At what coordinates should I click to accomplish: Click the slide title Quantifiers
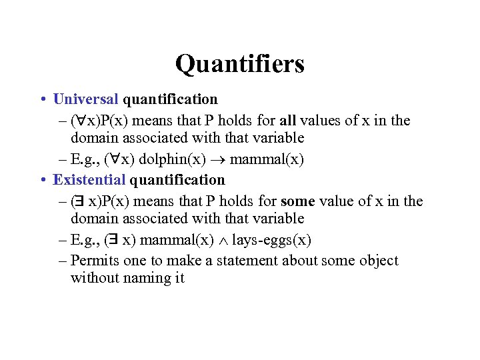click(x=240, y=64)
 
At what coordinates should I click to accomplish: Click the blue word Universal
click(x=85, y=99)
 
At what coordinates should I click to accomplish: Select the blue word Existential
click(x=89, y=180)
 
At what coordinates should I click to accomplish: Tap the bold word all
click(x=287, y=120)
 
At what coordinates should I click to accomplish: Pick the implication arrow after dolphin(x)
click(x=212, y=161)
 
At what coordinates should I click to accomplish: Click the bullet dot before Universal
click(x=42, y=100)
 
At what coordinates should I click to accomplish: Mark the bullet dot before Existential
click(x=42, y=181)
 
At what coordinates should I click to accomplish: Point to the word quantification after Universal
click(x=170, y=99)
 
